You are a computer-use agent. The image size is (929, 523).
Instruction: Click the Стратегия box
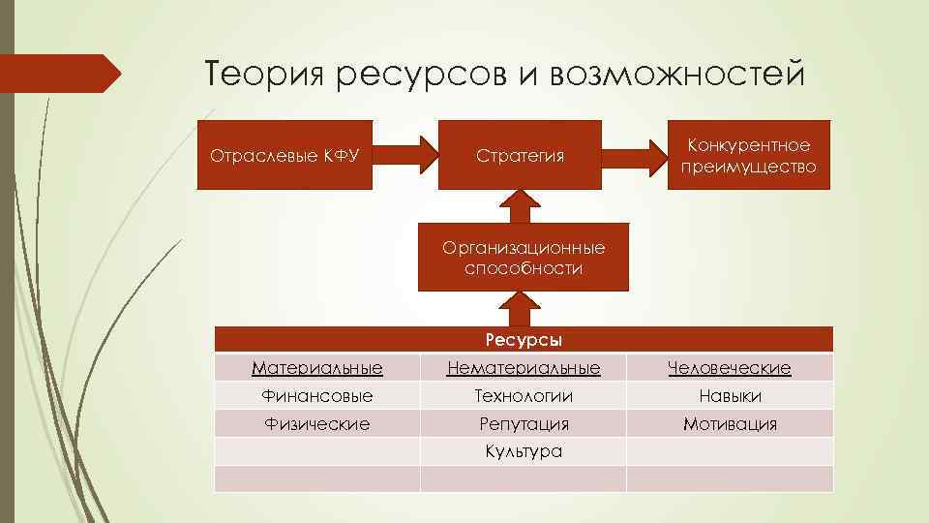(520, 154)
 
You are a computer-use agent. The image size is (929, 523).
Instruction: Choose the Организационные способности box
(523, 259)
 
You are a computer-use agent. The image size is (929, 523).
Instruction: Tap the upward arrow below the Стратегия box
(523, 205)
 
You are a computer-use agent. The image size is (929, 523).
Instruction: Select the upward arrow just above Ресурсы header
(523, 310)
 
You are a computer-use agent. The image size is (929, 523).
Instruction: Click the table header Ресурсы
(523, 340)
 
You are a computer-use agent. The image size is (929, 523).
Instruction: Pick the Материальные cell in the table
(316, 368)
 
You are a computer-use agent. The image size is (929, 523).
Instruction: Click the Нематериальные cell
(523, 368)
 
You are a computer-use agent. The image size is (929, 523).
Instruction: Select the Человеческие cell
(730, 368)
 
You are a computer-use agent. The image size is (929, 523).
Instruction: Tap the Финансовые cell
(316, 396)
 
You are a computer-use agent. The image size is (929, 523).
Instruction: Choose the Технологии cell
(523, 396)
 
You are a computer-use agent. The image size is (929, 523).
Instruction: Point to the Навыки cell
(730, 396)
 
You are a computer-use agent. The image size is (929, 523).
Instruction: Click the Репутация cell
(523, 424)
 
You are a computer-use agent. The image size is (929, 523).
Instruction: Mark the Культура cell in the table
(523, 451)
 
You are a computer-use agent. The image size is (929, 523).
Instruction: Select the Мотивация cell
(730, 424)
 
